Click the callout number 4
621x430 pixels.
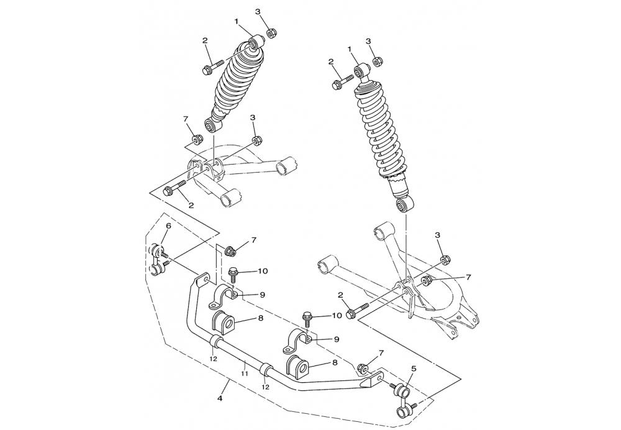coord(220,398)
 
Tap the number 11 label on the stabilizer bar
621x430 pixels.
coord(244,373)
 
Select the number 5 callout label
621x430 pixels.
coord(414,368)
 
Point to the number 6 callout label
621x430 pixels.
coord(168,226)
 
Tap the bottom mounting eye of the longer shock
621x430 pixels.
coord(405,204)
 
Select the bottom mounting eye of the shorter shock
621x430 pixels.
coord(212,126)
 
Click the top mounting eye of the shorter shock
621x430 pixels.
coord(256,42)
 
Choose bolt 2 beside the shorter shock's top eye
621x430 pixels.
coord(212,66)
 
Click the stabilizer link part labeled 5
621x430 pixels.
coord(405,402)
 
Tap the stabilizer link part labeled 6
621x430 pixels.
coord(159,260)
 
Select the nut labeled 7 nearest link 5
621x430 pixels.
coord(361,367)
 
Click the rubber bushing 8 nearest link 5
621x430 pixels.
coord(297,367)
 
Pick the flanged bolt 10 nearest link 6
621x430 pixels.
coord(233,275)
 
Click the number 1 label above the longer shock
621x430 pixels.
coord(350,48)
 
